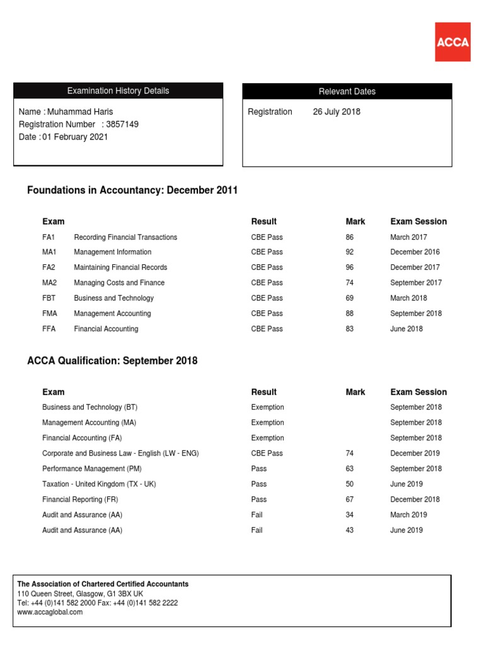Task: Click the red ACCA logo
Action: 452,42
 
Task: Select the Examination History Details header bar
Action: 118,91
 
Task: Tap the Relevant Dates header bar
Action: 347,91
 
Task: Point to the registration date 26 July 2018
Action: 337,112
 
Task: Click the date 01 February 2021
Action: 75,137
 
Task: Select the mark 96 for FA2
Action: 350,267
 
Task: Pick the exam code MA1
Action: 49,252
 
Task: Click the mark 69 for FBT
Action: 350,298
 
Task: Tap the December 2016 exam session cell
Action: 415,252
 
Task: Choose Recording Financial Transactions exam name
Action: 125,237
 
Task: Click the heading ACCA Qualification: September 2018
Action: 112,361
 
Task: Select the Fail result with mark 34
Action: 256,515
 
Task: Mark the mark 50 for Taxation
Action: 350,484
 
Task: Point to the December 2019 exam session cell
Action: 415,454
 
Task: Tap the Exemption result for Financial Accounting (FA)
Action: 267,438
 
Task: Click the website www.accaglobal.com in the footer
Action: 50,612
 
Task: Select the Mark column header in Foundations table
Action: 355,221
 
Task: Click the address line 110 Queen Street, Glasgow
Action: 80,594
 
